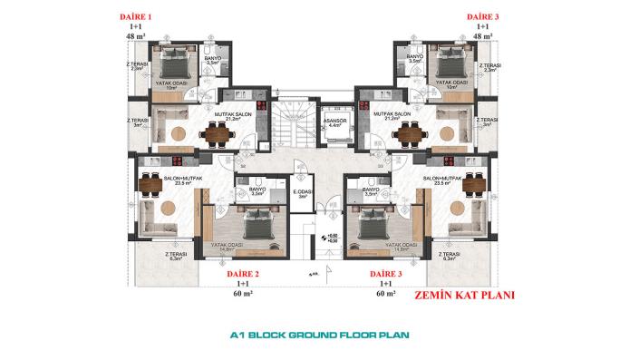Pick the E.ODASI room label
[300, 191]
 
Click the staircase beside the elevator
[291, 127]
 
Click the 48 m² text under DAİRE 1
[137, 36]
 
